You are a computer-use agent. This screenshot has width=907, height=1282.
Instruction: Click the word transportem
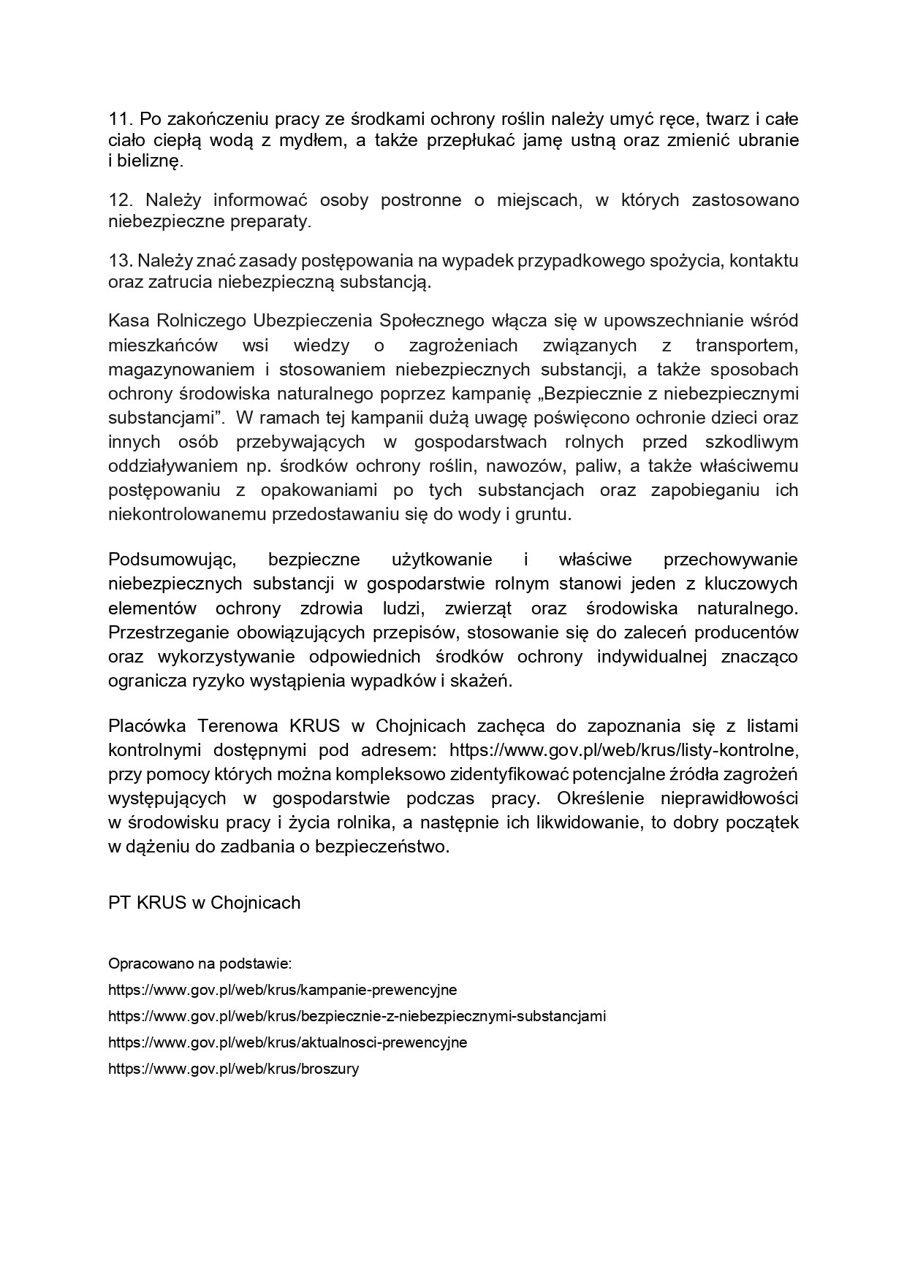(x=746, y=345)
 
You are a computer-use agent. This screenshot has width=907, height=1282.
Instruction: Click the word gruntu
(x=543, y=514)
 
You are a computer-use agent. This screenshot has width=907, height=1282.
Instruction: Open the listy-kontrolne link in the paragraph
(x=621, y=749)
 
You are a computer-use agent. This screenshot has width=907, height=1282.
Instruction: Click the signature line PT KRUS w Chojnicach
(x=205, y=903)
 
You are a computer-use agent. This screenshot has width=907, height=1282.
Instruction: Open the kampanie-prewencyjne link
(x=282, y=990)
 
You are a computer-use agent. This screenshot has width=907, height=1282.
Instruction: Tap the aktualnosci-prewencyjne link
(x=287, y=1042)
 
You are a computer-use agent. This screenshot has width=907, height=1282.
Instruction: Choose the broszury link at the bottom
(x=233, y=1069)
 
